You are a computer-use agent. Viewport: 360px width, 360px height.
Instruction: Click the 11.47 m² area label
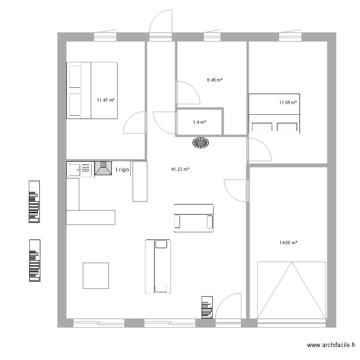click(x=106, y=100)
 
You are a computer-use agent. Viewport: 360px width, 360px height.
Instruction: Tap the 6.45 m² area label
click(x=215, y=80)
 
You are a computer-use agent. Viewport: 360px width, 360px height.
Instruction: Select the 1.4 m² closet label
click(x=200, y=122)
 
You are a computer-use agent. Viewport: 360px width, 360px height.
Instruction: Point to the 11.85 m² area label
click(x=288, y=103)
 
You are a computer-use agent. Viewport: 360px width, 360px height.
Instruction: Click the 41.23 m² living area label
click(x=180, y=169)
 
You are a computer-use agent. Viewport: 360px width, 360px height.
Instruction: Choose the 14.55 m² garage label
click(x=288, y=243)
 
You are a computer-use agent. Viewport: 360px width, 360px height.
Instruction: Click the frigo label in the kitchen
click(x=122, y=169)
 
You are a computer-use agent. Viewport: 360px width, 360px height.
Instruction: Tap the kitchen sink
click(x=80, y=169)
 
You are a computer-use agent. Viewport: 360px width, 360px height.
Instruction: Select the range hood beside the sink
click(x=103, y=168)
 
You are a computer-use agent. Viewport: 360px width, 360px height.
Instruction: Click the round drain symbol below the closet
click(x=201, y=143)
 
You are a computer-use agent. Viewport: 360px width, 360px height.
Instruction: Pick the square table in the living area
click(x=96, y=276)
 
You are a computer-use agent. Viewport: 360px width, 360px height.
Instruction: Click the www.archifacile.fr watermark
click(x=331, y=345)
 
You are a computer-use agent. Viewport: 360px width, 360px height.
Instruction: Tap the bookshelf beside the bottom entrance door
click(x=207, y=307)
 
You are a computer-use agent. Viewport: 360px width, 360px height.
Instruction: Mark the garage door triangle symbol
click(x=291, y=290)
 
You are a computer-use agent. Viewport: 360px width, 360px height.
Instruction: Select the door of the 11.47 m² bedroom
click(x=135, y=122)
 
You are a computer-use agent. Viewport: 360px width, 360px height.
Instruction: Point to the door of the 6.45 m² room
click(x=188, y=93)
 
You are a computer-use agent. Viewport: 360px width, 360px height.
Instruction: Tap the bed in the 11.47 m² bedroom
click(x=92, y=90)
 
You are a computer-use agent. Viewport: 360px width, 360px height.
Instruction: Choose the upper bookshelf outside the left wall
click(x=34, y=202)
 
